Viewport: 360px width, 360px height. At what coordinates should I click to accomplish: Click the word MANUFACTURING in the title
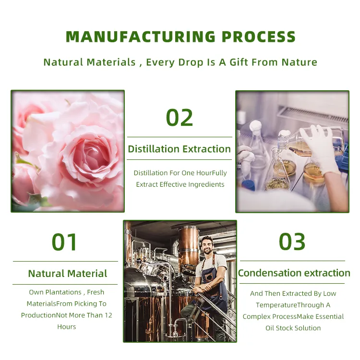coord(141,36)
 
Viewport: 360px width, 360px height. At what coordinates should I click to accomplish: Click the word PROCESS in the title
coord(259,36)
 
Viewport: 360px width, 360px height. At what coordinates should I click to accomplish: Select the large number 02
coord(180,117)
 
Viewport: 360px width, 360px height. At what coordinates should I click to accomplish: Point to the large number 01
coord(64,242)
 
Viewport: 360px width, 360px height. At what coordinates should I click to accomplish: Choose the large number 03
coord(292,241)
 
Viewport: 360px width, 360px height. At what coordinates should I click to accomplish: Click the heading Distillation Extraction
coord(180,149)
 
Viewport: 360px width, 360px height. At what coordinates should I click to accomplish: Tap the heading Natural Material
coord(68,274)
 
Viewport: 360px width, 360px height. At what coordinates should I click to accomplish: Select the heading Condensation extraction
coord(294,273)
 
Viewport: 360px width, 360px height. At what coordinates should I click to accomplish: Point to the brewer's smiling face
coord(207,246)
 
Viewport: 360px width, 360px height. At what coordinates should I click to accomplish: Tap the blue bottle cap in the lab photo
coord(248,185)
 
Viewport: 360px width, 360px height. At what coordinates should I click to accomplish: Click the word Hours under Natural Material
coord(67,327)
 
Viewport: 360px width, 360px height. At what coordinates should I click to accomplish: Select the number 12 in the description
coord(108,315)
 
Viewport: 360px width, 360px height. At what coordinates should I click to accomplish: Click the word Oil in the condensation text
coord(270,328)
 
